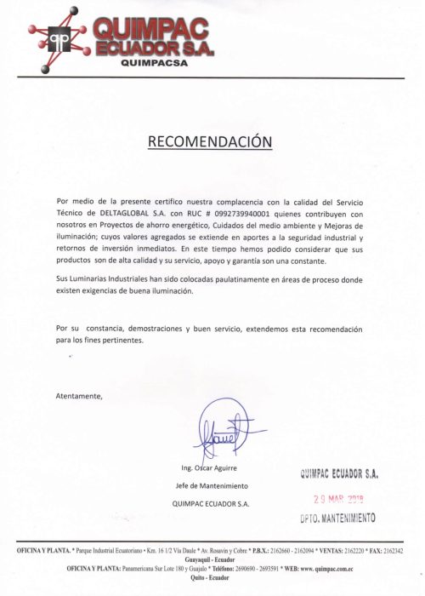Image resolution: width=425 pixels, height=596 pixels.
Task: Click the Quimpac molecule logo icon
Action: point(60,38)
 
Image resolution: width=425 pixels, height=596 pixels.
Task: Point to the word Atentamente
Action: point(78,396)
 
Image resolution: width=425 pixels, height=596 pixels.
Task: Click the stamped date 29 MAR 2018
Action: point(338,500)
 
